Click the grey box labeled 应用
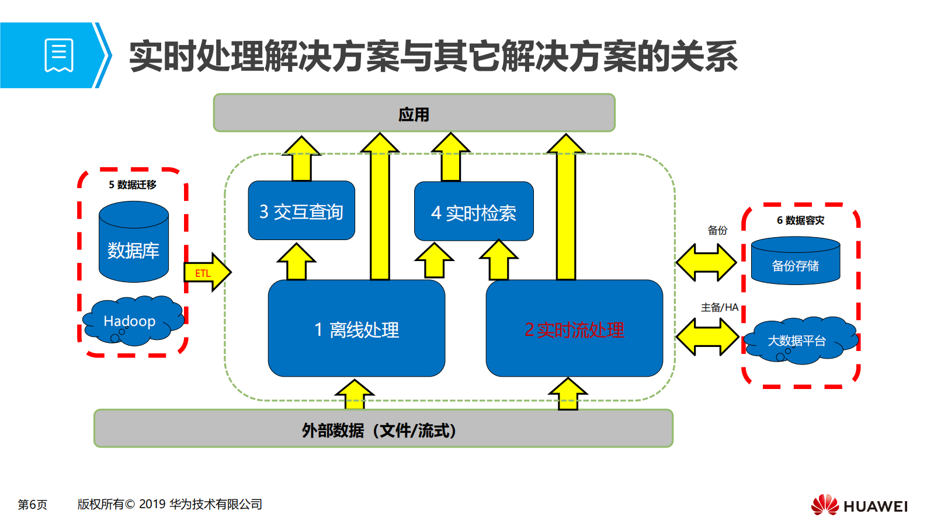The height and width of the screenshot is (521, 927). tap(414, 113)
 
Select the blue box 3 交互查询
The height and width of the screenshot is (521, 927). tap(301, 211)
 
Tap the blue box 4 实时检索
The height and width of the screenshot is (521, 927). tap(474, 212)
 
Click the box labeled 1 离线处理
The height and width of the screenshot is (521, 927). tap(356, 329)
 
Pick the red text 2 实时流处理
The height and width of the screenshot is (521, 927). tap(574, 330)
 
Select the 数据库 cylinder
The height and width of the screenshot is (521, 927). tap(134, 242)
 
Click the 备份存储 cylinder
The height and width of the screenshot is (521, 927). tap(796, 261)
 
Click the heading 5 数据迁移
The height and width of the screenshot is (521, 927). tap(133, 185)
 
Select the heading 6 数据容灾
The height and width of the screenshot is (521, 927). tap(800, 220)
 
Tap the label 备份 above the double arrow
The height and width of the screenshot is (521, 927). tap(717, 230)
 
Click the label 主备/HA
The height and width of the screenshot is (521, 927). tap(720, 307)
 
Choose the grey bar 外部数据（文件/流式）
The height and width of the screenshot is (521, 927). tap(383, 429)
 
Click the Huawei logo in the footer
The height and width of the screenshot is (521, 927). tap(859, 505)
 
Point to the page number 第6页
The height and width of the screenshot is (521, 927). tap(33, 504)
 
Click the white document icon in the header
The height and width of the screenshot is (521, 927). tap(59, 55)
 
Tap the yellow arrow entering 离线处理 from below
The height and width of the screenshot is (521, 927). tap(355, 394)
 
